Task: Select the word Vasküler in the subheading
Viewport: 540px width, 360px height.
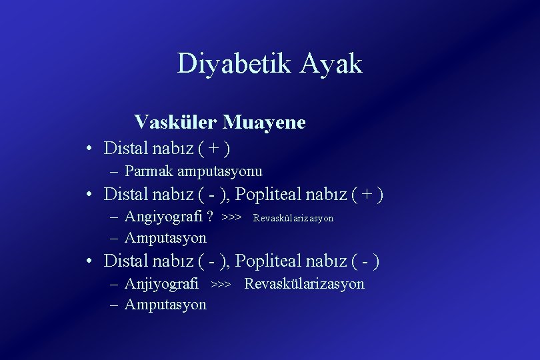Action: coord(175,123)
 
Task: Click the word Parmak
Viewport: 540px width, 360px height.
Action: coord(147,171)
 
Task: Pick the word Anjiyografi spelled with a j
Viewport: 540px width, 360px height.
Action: coord(162,284)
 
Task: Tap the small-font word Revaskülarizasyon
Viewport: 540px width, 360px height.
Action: coord(293,218)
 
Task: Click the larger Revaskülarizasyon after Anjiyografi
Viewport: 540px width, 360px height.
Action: coord(304,284)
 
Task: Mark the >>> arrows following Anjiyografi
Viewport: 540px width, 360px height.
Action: coord(221,285)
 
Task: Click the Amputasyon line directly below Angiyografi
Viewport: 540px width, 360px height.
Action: coord(165,237)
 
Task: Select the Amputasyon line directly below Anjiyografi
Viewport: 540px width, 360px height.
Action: coord(165,305)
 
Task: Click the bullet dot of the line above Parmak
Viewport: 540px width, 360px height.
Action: coord(89,147)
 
